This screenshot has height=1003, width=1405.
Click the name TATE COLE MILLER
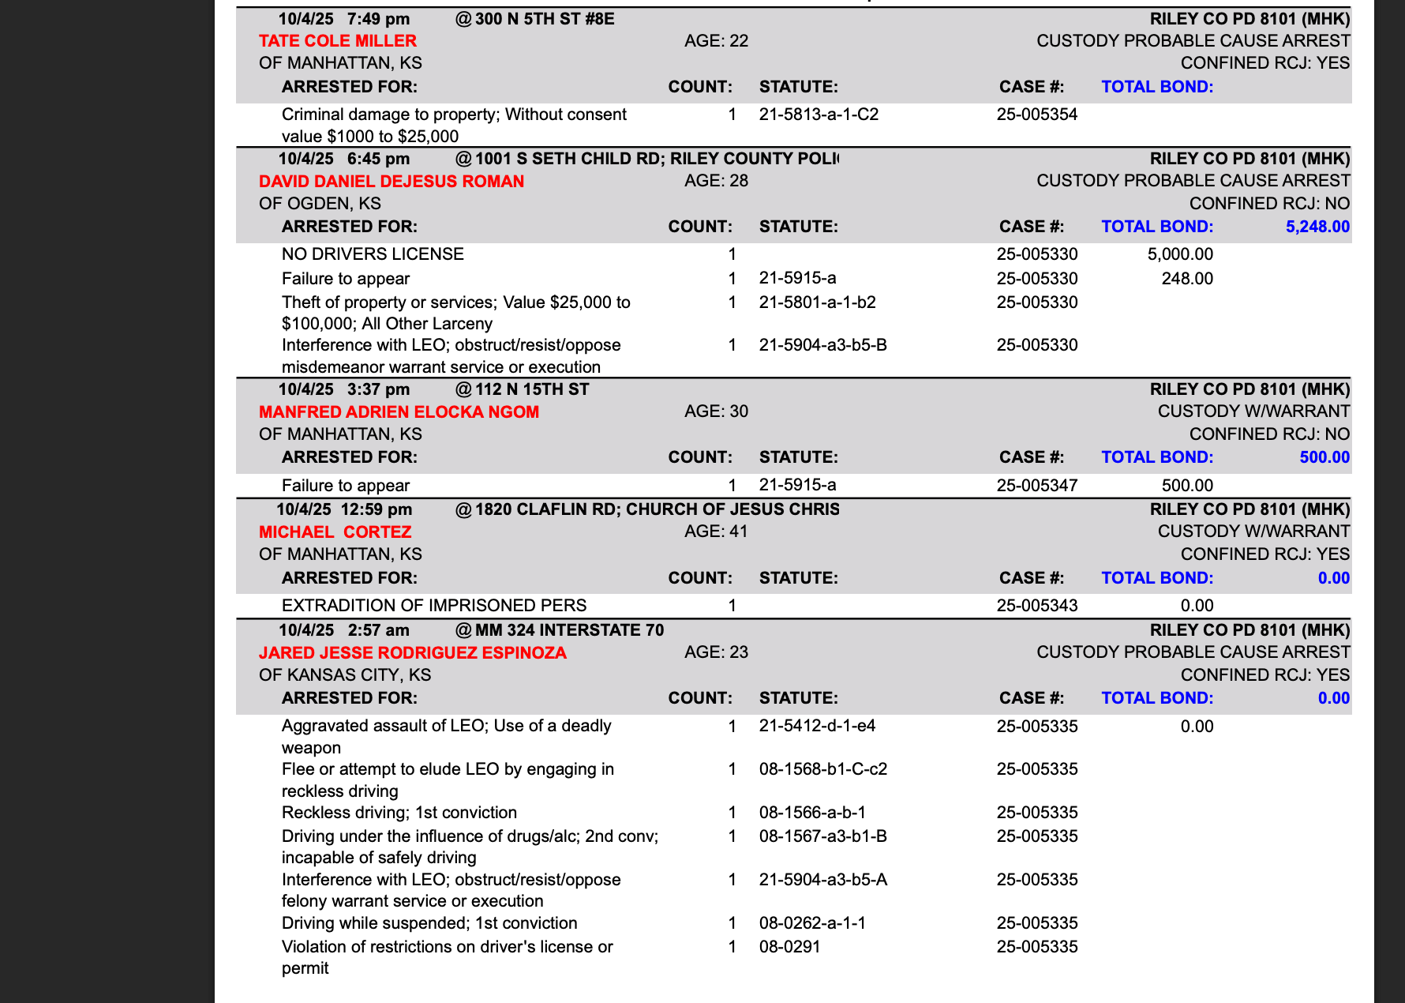[338, 41]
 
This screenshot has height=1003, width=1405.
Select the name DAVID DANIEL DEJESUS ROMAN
[392, 182]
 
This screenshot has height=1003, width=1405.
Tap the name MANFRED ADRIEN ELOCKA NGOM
[399, 412]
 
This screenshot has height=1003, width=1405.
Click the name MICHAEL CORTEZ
[335, 532]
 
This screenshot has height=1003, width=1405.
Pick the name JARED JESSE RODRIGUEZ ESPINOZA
[413, 653]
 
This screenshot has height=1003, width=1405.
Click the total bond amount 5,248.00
[1317, 227]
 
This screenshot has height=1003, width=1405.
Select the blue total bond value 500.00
[1324, 458]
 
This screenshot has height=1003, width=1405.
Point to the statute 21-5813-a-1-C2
[819, 115]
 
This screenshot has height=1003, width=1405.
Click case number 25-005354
[1037, 115]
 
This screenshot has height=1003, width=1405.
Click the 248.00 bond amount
[1187, 279]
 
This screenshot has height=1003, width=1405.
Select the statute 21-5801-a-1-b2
[817, 302]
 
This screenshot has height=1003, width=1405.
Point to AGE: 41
[716, 532]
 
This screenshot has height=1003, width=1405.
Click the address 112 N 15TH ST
[531, 389]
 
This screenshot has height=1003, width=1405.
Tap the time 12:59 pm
[377, 510]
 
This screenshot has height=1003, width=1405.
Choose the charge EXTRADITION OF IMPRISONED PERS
[434, 606]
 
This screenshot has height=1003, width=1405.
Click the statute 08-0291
[789, 947]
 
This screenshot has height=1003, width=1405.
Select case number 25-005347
[1037, 486]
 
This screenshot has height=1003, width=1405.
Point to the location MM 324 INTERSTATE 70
[569, 630]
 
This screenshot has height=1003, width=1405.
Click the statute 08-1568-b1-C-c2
[823, 769]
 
